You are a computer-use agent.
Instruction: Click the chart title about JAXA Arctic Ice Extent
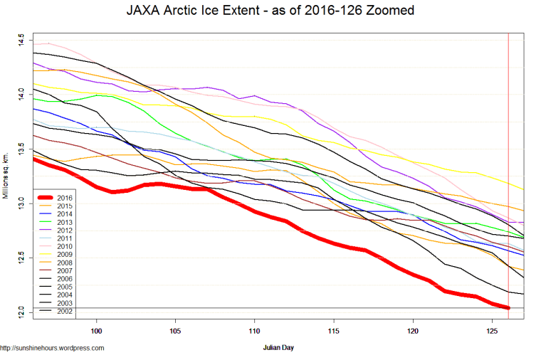click(270, 12)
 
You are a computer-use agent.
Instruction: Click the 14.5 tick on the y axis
click(21, 38)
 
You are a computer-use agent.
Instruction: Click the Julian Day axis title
click(280, 349)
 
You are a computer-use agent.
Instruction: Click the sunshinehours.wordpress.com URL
click(53, 349)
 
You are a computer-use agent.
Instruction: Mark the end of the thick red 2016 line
click(508, 307)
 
